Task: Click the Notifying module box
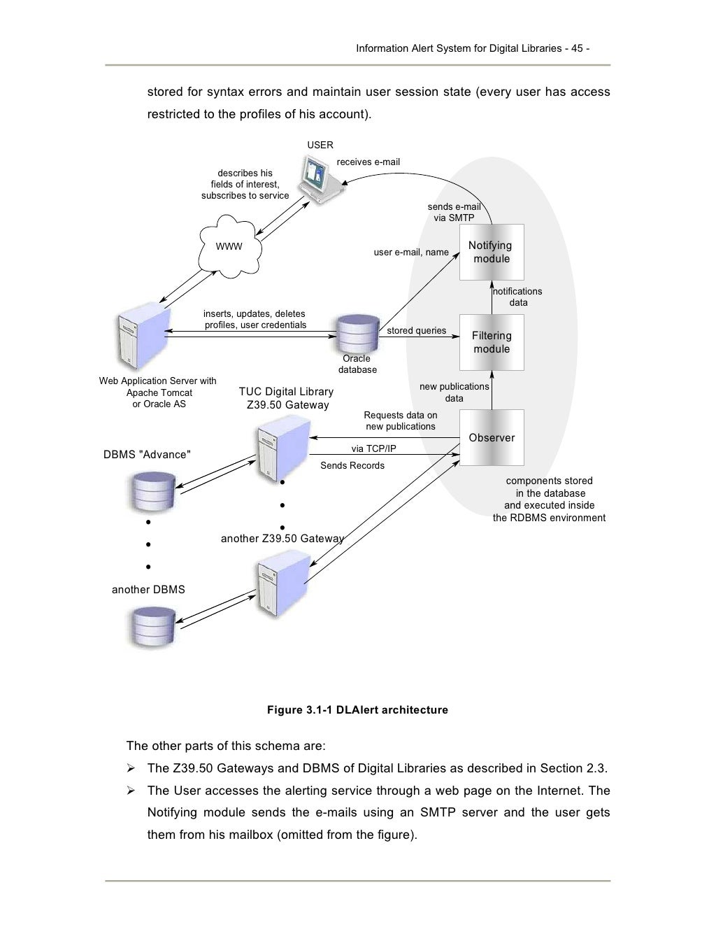pos(492,252)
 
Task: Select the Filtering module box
pos(492,342)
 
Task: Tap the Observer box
pos(492,438)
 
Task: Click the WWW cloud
pos(229,246)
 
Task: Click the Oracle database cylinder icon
pos(357,334)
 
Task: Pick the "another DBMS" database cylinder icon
pos(152,627)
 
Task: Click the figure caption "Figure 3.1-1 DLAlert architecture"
pos(357,710)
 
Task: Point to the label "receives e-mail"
pos(368,162)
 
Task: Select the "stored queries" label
pos(416,331)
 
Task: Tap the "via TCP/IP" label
pos(373,448)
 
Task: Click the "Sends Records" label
pos(352,466)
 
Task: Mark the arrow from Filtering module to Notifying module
pos(492,297)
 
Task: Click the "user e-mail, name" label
pos(411,253)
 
